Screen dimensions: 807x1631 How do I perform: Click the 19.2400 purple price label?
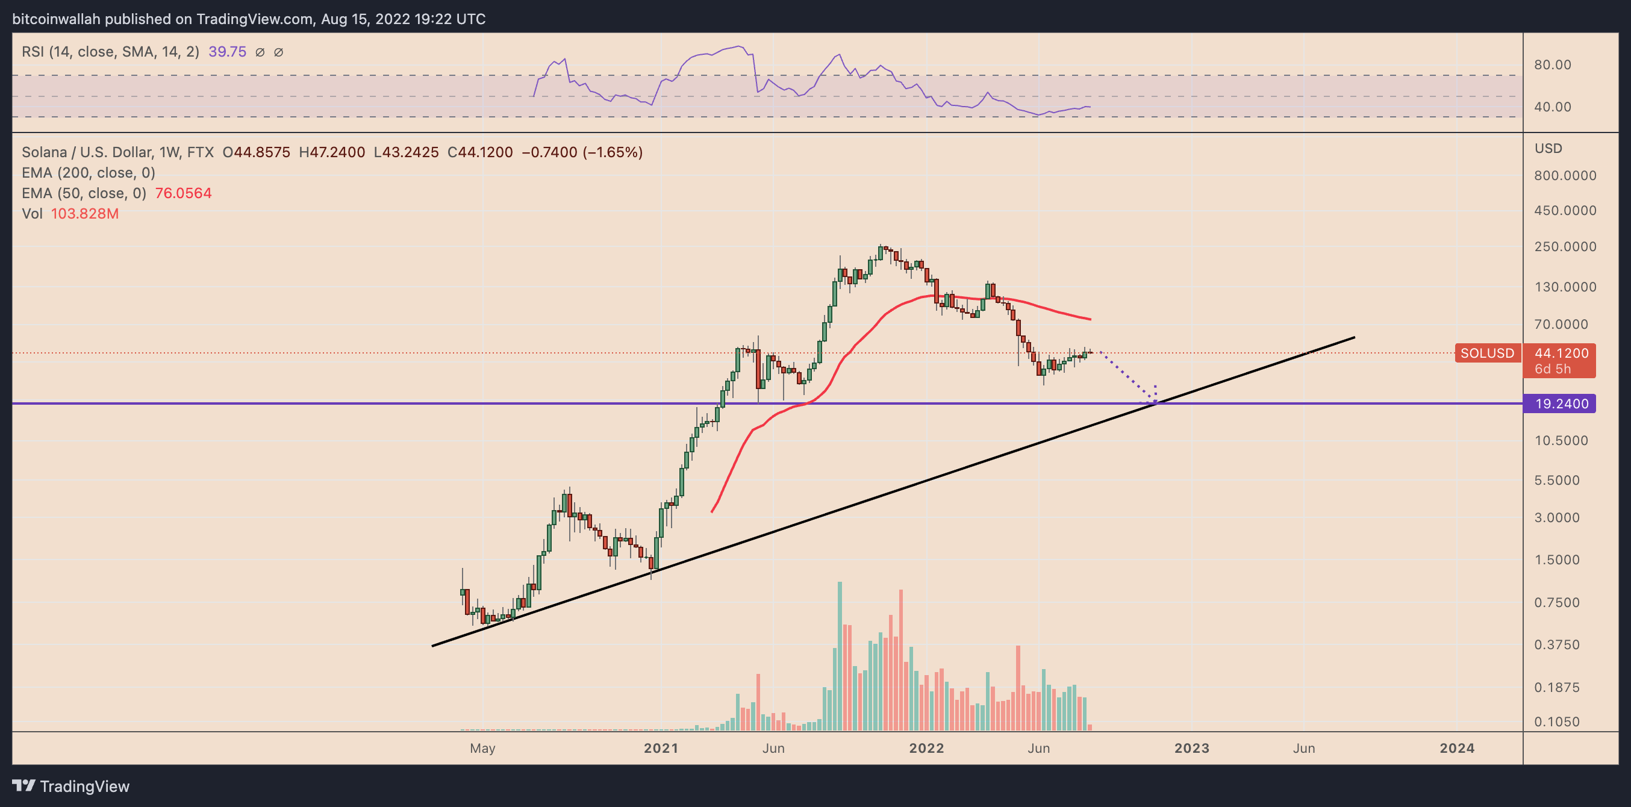pyautogui.click(x=1561, y=404)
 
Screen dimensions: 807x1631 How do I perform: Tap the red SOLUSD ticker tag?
pyautogui.click(x=1486, y=353)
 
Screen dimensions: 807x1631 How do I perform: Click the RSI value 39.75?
pyautogui.click(x=227, y=52)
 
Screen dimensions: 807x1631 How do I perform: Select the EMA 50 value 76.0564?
pyautogui.click(x=183, y=193)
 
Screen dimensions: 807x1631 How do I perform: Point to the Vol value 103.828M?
pyautogui.click(x=85, y=214)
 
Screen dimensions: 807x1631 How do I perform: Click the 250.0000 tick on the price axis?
pyautogui.click(x=1565, y=247)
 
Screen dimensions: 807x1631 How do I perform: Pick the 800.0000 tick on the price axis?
pyautogui.click(x=1565, y=176)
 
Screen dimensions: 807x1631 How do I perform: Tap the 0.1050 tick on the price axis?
pyautogui.click(x=1556, y=722)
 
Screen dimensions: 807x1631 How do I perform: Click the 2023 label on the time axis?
pyautogui.click(x=1191, y=749)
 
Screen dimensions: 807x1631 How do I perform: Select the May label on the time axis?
pyautogui.click(x=482, y=749)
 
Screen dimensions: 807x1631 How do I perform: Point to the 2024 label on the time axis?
pyautogui.click(x=1457, y=749)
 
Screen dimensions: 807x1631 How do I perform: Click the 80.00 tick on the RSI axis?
pyautogui.click(x=1553, y=65)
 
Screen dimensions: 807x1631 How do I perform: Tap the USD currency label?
pyautogui.click(x=1548, y=149)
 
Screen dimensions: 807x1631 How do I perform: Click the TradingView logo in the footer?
pyautogui.click(x=71, y=787)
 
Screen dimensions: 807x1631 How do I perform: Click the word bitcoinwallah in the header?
pyautogui.click(x=57, y=19)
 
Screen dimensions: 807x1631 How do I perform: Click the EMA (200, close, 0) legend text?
pyautogui.click(x=89, y=173)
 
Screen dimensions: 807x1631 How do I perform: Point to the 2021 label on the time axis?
pyautogui.click(x=661, y=749)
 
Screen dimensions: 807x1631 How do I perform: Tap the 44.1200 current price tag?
pyautogui.click(x=1561, y=353)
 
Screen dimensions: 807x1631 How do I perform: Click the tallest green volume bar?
pyautogui.click(x=840, y=656)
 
